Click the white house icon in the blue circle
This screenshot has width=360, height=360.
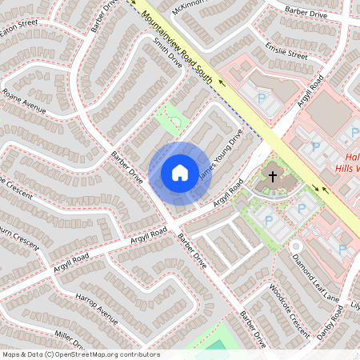pos(180,172)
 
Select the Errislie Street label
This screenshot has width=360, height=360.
pos(287,50)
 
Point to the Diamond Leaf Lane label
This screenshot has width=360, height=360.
pos(316,276)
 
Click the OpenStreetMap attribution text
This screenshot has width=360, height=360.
pos(80,354)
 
